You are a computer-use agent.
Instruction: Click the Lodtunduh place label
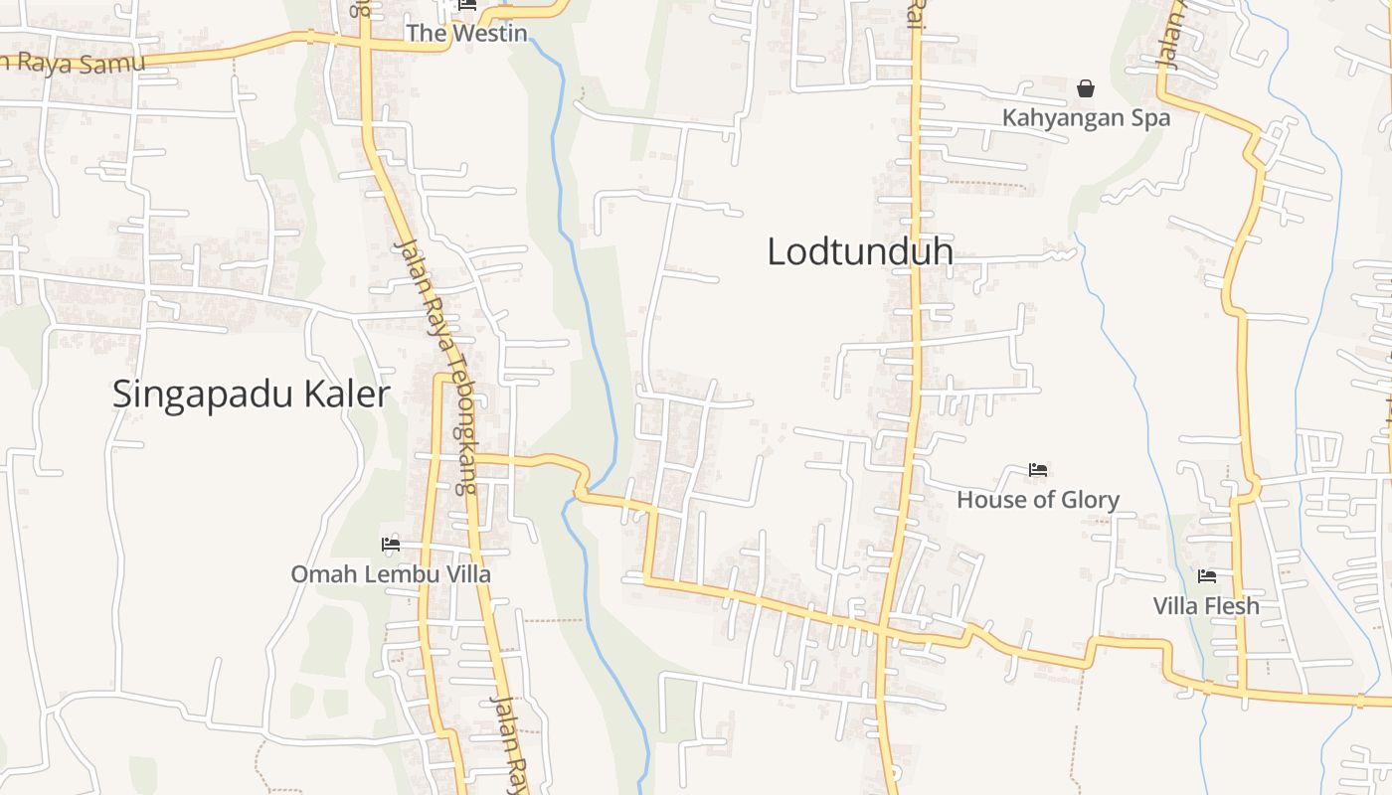(x=860, y=251)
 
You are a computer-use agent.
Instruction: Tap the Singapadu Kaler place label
(x=251, y=395)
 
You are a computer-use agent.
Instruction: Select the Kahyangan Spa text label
(x=1086, y=118)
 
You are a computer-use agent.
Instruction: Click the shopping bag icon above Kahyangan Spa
(x=1086, y=89)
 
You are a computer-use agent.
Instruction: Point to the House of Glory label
(x=1038, y=500)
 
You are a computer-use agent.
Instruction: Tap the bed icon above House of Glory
(x=1038, y=470)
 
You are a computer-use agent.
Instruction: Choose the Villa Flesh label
(x=1206, y=606)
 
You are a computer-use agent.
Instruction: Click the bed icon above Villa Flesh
(x=1207, y=576)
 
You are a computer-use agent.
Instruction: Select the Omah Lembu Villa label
(x=391, y=574)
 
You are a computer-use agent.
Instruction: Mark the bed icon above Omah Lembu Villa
(x=391, y=545)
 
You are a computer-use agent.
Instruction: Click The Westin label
(x=466, y=33)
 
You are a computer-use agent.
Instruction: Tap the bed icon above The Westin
(x=467, y=6)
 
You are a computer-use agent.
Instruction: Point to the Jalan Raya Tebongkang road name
(x=437, y=368)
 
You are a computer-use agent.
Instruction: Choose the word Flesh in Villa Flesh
(x=1232, y=606)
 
